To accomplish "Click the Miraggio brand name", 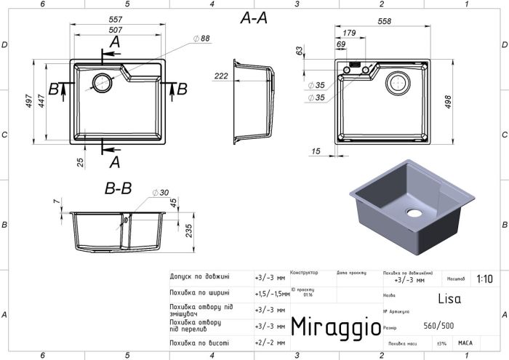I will [335, 327].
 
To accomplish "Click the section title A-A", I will [254, 20].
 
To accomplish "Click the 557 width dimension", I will [120, 20].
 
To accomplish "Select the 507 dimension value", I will [120, 31].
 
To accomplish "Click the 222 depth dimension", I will [223, 76].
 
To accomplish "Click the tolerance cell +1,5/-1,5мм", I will [270, 295].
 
